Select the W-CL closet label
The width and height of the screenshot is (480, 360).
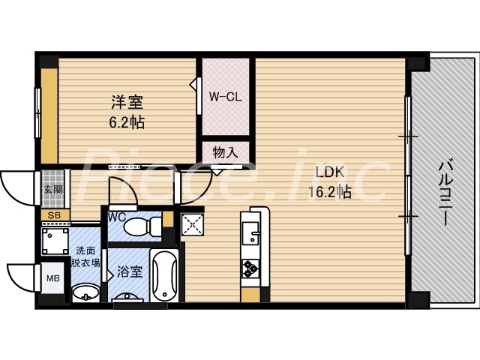tap(223, 97)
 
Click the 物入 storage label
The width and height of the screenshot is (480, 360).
tap(224, 152)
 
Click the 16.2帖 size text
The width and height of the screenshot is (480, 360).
tap(330, 191)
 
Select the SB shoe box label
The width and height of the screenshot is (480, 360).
tap(53, 216)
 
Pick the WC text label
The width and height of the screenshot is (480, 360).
tap(116, 217)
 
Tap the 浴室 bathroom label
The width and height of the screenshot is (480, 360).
tap(130, 272)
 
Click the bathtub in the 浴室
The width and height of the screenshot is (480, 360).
tap(163, 275)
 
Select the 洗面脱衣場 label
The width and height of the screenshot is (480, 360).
tap(83, 258)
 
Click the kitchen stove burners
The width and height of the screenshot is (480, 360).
tap(249, 267)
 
